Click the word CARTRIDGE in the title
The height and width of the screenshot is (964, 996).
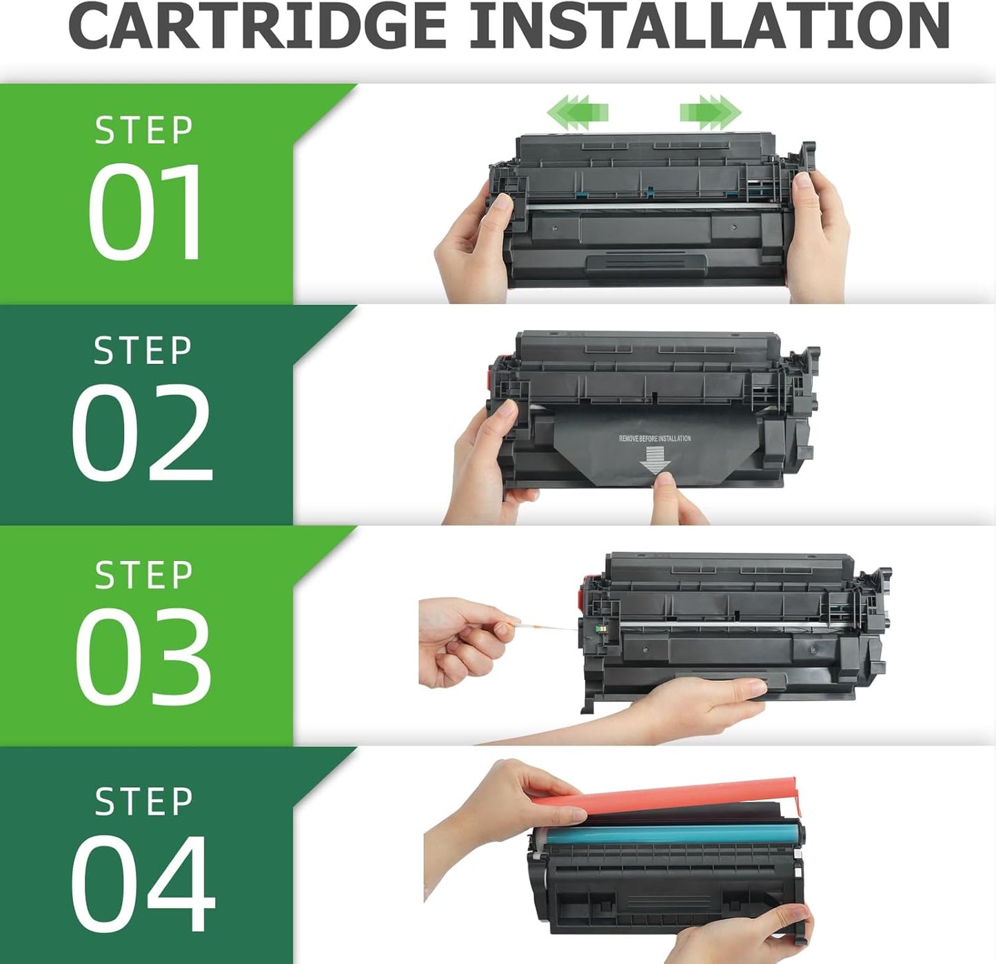point(258,26)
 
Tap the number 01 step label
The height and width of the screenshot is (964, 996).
point(145,212)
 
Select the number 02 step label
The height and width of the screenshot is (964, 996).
point(142,432)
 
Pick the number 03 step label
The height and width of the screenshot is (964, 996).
point(143,656)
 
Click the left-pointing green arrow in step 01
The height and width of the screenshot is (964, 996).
point(578,112)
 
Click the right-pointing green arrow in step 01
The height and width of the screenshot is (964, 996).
point(710,112)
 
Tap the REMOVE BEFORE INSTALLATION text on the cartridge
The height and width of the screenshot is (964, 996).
point(654,438)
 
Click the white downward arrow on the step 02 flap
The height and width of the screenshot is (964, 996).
point(654,459)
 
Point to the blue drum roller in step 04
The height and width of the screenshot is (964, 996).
point(662,835)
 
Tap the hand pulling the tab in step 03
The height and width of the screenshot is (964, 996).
point(462,641)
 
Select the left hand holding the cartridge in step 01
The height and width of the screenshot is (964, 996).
point(476,248)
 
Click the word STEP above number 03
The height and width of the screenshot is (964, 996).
point(143,575)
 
